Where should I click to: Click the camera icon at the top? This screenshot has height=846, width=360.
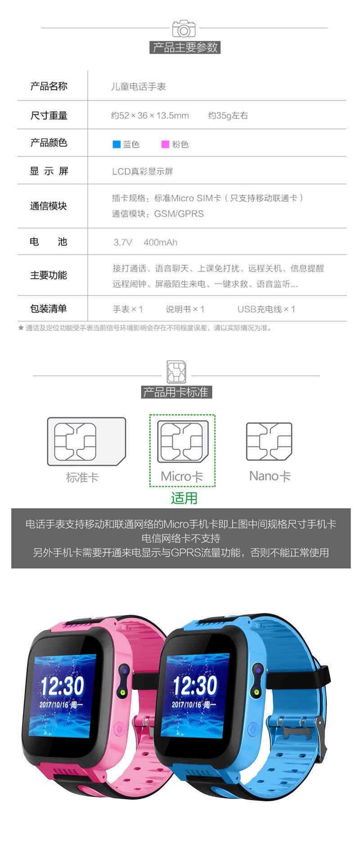tap(184, 29)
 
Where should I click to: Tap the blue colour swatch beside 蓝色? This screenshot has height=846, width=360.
tap(117, 144)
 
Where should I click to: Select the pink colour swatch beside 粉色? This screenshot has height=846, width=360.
tap(165, 144)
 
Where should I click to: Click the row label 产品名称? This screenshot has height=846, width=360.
tap(49, 86)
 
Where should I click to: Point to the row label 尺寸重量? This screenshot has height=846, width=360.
tap(49, 116)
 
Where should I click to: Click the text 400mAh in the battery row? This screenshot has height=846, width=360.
tap(160, 242)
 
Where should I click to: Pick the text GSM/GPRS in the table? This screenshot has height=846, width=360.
tap(179, 213)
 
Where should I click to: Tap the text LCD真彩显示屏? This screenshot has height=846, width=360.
tap(142, 171)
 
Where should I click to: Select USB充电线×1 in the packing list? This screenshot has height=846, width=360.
tap(266, 309)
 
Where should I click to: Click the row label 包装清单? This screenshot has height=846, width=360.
tap(49, 308)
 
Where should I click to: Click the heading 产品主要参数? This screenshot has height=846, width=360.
tap(185, 47)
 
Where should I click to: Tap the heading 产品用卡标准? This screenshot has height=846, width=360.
tap(176, 392)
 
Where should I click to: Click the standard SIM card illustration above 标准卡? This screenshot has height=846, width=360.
tap(86, 441)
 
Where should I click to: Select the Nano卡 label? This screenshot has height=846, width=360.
tap(270, 476)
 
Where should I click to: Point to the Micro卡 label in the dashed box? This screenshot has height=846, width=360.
tap(182, 476)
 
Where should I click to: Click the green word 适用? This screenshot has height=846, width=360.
tap(184, 498)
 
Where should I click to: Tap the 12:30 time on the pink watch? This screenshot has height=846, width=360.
tap(62, 686)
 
